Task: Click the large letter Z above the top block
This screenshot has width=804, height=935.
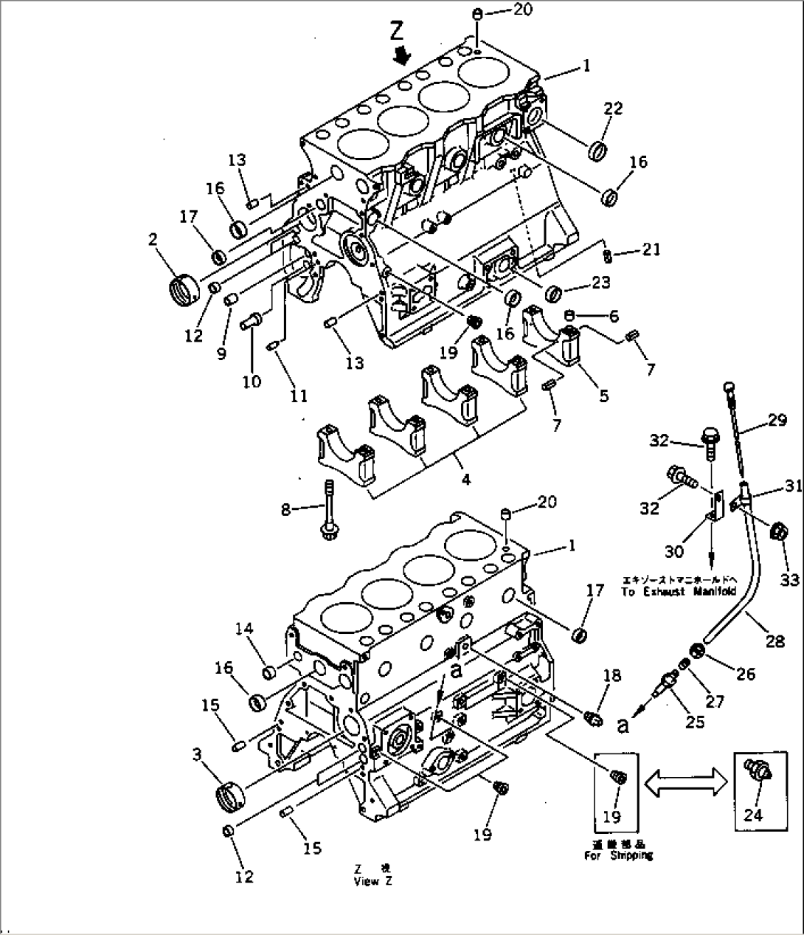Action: [x=397, y=30]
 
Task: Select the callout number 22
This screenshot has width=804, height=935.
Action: [x=613, y=108]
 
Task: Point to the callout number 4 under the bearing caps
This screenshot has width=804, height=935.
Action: [x=465, y=480]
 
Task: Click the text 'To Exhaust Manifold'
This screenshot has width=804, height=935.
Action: [x=679, y=591]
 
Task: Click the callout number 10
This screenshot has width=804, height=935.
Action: [x=252, y=381]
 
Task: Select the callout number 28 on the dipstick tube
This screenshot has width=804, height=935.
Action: [x=774, y=641]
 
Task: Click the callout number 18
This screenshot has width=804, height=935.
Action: [x=611, y=675]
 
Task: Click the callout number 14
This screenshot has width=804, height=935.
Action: [x=244, y=628]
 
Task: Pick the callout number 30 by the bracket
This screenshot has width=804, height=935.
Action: [x=674, y=551]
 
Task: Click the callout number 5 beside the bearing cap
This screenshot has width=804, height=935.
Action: [x=603, y=396]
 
